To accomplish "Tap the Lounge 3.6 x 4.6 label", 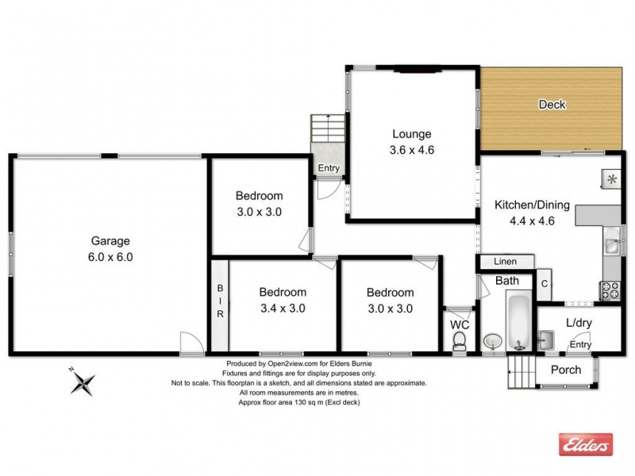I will click(410, 141).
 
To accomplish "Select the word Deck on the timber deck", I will click(552, 104).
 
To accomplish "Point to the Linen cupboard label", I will click(505, 262).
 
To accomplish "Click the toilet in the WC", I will click(458, 340).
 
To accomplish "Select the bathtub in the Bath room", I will click(520, 322).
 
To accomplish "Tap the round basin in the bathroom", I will click(492, 341).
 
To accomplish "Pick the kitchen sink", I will click(611, 244).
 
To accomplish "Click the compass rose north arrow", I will click(82, 383).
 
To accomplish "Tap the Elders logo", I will click(586, 445).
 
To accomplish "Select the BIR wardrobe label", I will click(220, 302).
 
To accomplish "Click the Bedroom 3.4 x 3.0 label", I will click(283, 300).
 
